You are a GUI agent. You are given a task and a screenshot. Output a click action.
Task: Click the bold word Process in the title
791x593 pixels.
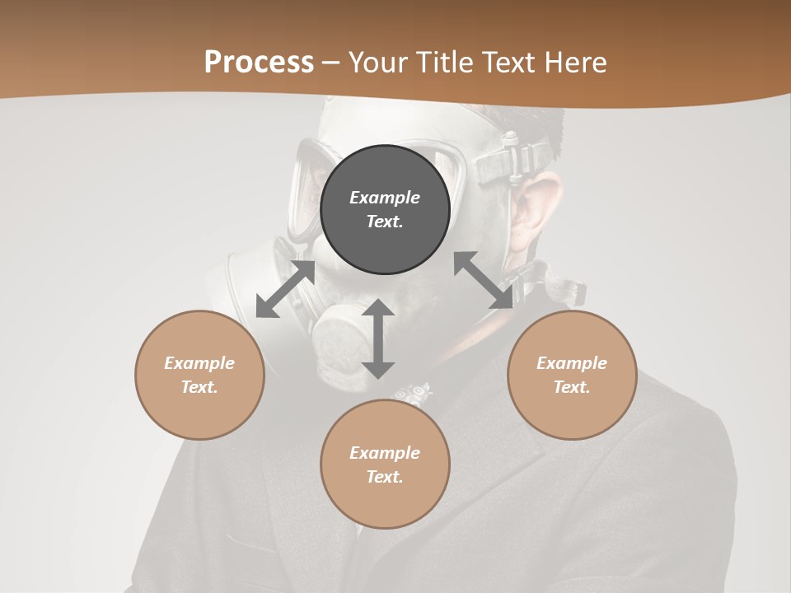click(259, 63)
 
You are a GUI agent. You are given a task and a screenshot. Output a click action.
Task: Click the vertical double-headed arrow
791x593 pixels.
click(378, 339)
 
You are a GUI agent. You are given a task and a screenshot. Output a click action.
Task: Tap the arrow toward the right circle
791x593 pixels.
click(484, 280)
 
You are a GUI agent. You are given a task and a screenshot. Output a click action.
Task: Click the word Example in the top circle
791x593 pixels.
click(385, 198)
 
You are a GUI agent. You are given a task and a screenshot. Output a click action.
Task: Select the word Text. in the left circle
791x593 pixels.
click(199, 387)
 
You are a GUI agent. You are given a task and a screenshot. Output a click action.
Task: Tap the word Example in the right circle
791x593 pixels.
click(572, 363)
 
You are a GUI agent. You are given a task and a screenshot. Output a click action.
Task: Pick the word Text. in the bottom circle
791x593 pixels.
click(385, 477)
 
